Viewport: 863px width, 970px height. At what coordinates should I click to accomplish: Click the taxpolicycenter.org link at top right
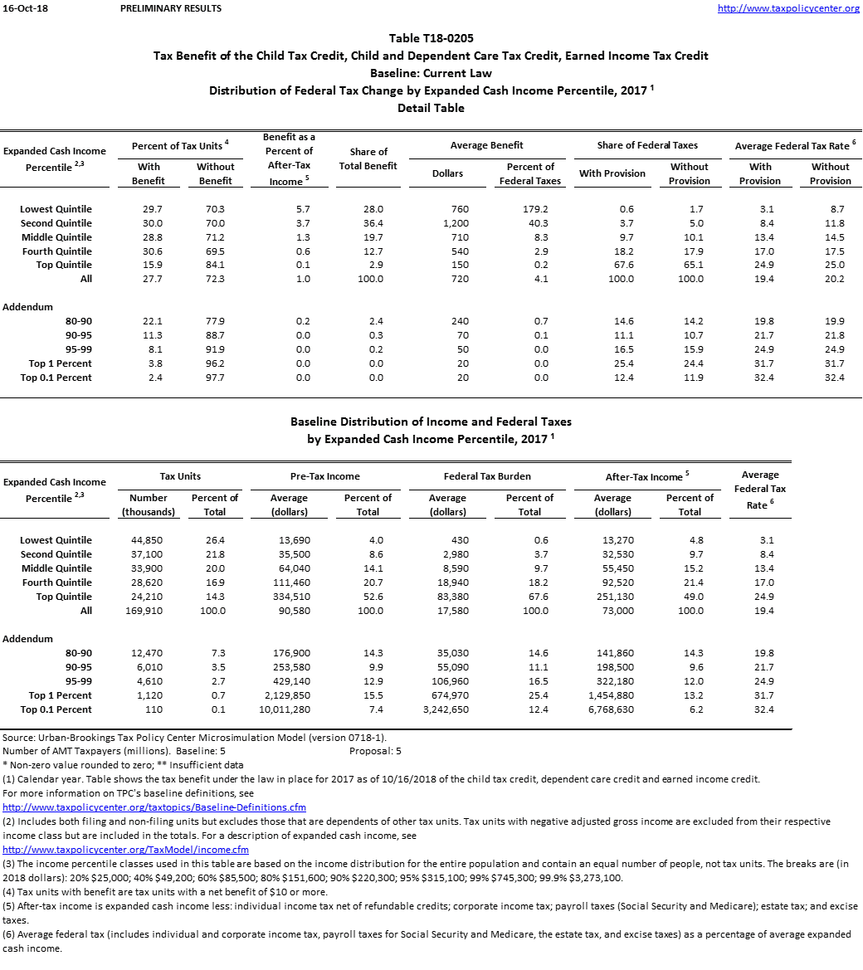(787, 8)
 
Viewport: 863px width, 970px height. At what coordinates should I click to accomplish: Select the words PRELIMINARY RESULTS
(170, 8)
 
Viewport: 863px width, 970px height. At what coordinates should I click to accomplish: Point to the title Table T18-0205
(431, 39)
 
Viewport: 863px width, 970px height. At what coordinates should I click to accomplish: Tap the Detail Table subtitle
(431, 109)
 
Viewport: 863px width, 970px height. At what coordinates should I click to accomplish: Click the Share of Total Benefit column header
(368, 158)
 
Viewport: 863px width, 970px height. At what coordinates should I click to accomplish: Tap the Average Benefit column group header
(486, 145)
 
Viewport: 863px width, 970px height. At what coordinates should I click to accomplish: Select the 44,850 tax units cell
(149, 540)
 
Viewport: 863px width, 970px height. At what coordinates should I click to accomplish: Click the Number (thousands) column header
(149, 504)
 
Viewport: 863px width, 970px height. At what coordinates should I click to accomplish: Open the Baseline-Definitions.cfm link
(154, 807)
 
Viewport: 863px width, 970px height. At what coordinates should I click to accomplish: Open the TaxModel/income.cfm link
(125, 850)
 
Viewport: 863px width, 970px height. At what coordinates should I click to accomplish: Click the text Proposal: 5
(375, 751)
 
